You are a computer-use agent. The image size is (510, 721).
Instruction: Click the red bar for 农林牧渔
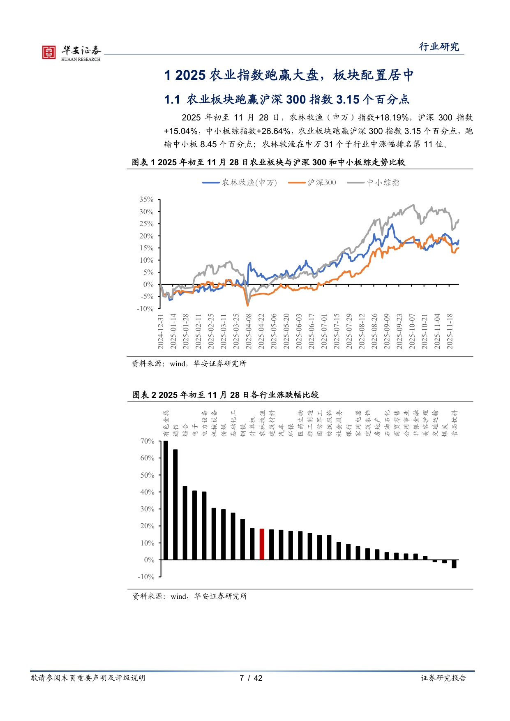pyautogui.click(x=262, y=544)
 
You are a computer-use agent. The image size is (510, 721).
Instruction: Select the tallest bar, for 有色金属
pyautogui.click(x=166, y=500)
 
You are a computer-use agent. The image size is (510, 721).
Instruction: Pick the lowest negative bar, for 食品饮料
pyautogui.click(x=454, y=564)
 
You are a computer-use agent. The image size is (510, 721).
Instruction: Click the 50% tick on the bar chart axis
pyautogui.click(x=147, y=475)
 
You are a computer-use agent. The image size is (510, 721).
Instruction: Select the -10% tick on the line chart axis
pyautogui.click(x=145, y=309)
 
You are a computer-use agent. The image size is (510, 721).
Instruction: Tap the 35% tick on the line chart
pyautogui.click(x=146, y=199)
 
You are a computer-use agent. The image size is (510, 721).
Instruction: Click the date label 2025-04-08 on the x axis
pyautogui.click(x=249, y=331)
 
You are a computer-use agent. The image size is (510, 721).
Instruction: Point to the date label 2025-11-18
pyautogui.click(x=450, y=331)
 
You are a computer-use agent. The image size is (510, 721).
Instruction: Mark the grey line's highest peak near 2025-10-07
pyautogui.click(x=413, y=205)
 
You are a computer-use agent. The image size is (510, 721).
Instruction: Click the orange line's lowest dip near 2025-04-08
pyautogui.click(x=247, y=305)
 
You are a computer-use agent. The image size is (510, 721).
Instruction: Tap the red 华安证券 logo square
pyautogui.click(x=49, y=52)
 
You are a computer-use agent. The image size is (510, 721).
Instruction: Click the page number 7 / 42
pyautogui.click(x=251, y=678)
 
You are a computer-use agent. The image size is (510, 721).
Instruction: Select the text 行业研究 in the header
pyautogui.click(x=439, y=46)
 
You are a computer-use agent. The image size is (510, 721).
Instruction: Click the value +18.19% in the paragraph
pyautogui.click(x=392, y=118)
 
